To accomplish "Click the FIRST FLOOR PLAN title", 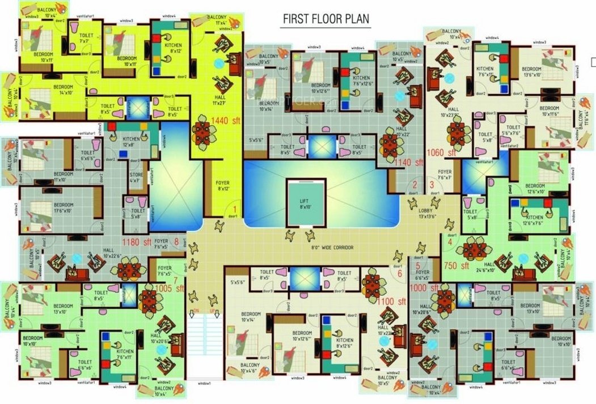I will click(x=326, y=19).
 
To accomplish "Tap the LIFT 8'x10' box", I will click(x=305, y=203).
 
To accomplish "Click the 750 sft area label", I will click(x=456, y=265).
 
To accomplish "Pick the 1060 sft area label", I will click(x=442, y=152).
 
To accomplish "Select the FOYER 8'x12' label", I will click(x=223, y=185).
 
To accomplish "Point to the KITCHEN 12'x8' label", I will click(x=132, y=142).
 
